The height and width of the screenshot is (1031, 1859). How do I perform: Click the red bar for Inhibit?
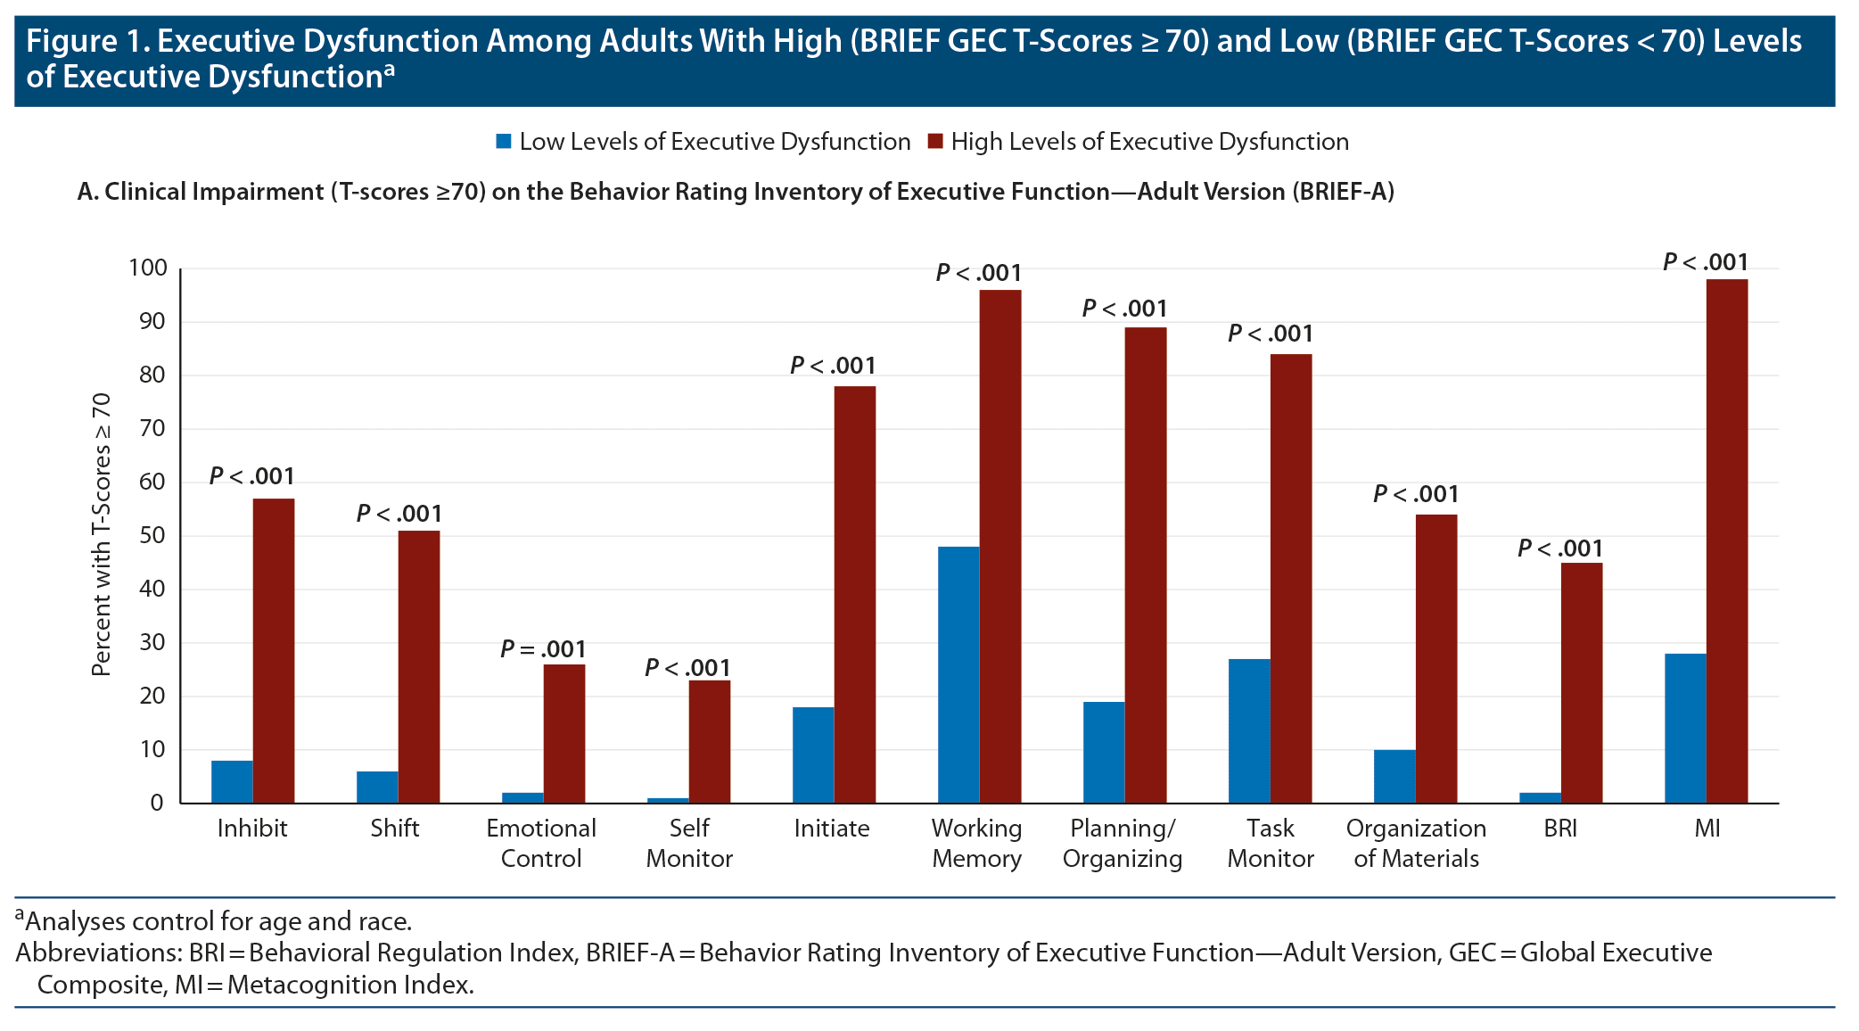[x=274, y=651]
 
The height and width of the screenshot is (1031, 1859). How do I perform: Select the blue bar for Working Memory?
[x=958, y=675]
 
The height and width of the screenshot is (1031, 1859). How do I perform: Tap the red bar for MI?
[x=1727, y=541]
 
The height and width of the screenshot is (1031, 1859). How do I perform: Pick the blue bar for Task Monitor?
[x=1249, y=731]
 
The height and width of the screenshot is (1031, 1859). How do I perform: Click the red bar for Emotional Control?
[x=564, y=734]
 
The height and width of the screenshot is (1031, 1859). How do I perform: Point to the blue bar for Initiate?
[x=813, y=755]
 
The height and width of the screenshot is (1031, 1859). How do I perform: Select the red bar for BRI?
[x=1582, y=683]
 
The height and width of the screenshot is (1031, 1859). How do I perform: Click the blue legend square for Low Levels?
[x=504, y=142]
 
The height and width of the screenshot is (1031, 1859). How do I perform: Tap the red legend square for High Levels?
[x=935, y=142]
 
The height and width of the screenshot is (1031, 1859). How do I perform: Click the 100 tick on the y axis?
[x=148, y=268]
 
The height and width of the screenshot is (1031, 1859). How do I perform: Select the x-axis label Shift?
[x=395, y=829]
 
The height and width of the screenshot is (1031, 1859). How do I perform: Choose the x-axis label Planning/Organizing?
[x=1123, y=844]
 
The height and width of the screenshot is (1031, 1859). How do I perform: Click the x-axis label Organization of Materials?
[x=1416, y=844]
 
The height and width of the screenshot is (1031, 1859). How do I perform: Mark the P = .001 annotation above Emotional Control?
[x=543, y=649]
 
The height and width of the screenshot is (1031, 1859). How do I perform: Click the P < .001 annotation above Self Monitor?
[x=687, y=668]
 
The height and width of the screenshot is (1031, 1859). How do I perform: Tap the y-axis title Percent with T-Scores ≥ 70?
[x=102, y=535]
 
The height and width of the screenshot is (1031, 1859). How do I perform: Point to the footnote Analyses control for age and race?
[x=218, y=921]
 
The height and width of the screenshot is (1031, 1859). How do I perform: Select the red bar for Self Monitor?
[x=710, y=742]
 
